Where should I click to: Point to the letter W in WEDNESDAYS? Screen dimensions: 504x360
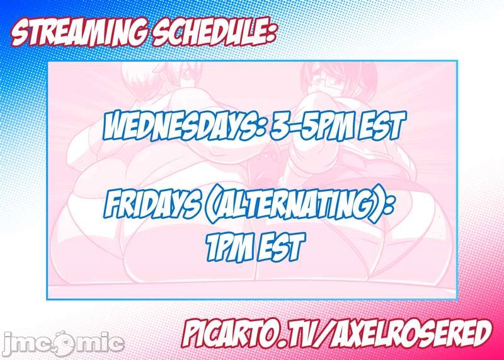tap(117, 126)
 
